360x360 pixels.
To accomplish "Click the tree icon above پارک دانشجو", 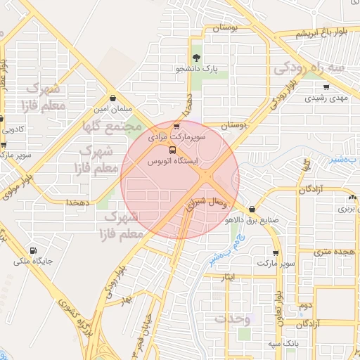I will pos(195,58).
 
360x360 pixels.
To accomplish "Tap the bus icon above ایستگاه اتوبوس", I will pos(172,150).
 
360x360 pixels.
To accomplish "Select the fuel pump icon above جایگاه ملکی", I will pos(33,251).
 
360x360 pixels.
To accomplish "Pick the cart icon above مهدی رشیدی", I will pos(326,87).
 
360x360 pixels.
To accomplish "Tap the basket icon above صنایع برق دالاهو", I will pos(252,208).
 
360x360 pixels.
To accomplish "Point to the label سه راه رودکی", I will pos(310,68).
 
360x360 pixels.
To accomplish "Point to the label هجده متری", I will pos(335,251).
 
